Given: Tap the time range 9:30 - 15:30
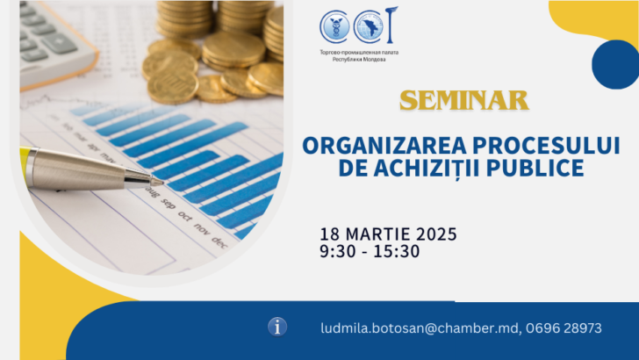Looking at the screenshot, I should pos(370,252).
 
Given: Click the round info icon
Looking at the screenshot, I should pos(277,327).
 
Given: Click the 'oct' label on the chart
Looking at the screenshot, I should pos(185,214).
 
